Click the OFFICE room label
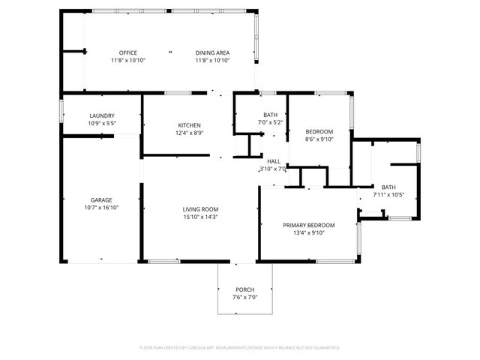(x=127, y=52)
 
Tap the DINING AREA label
(x=212, y=52)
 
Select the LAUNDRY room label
(x=101, y=115)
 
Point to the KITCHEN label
(x=189, y=124)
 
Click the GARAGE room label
(x=101, y=199)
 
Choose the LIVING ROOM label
(x=200, y=209)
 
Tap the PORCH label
(x=244, y=289)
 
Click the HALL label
(x=274, y=161)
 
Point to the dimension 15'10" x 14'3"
(x=200, y=217)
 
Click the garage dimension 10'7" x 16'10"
(x=101, y=208)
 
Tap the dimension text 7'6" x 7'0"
(x=244, y=298)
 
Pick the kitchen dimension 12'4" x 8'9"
(x=189, y=133)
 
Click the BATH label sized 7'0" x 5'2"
(x=270, y=115)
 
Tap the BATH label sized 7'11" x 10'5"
(x=388, y=187)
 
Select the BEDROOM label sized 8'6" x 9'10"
(x=319, y=131)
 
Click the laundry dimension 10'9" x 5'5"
(x=101, y=124)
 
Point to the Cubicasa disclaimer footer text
(x=240, y=348)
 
